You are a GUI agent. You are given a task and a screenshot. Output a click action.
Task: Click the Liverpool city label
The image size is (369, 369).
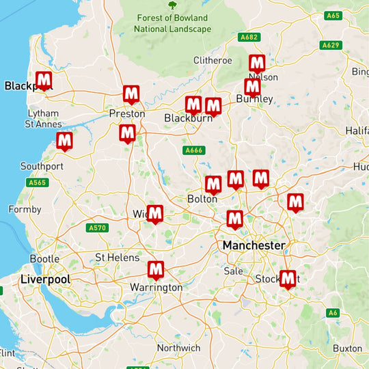(x=45, y=279)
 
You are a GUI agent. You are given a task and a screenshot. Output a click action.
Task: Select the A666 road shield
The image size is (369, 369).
(x=194, y=150)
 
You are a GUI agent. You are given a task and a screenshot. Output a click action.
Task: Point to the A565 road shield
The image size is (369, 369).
(x=36, y=182)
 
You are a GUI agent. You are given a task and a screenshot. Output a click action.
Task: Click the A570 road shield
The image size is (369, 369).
(x=98, y=228)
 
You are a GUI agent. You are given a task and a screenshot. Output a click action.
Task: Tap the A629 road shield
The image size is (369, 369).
(x=330, y=45)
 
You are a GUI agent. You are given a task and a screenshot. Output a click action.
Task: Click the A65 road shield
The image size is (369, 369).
(x=333, y=15)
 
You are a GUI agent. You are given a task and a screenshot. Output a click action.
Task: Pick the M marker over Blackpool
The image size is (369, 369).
(x=44, y=81)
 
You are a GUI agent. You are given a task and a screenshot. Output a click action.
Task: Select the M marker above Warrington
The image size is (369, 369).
(x=156, y=270)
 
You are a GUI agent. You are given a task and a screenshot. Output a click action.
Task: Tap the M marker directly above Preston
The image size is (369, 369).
(x=131, y=94)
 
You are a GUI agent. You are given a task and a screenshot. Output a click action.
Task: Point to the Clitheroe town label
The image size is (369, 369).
(x=213, y=60)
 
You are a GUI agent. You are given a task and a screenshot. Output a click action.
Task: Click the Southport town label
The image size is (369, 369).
(x=42, y=166)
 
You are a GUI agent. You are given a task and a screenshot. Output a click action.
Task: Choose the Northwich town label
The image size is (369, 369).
(x=178, y=348)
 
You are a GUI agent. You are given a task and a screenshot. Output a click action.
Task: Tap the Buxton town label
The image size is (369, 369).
(x=348, y=348)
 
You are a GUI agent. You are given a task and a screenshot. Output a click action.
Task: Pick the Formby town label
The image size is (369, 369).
(x=25, y=209)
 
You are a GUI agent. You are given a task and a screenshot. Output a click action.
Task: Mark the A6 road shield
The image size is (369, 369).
(x=332, y=312)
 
